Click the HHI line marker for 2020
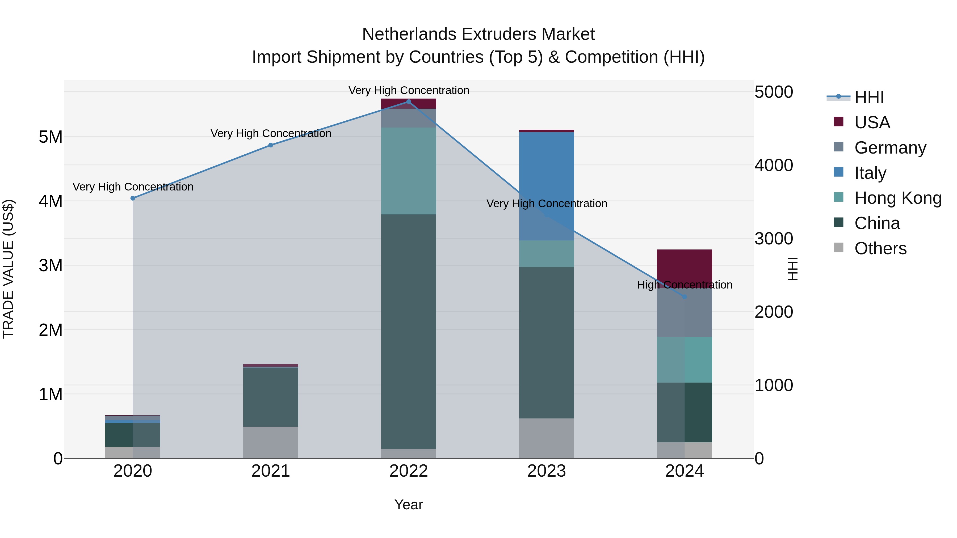click(x=133, y=198)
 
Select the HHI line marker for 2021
click(x=270, y=145)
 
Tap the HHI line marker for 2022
click(x=409, y=102)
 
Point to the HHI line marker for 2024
click(x=685, y=297)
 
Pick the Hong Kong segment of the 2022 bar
click(x=409, y=171)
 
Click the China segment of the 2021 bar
click(x=270, y=397)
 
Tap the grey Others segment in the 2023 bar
click(x=547, y=438)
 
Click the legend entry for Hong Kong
click(x=897, y=198)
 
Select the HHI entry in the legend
click(x=868, y=97)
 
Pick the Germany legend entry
click(x=890, y=148)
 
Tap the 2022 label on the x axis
click(x=409, y=471)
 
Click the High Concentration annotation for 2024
click(x=685, y=285)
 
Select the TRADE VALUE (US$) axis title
click(x=8, y=269)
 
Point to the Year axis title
click(x=409, y=505)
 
